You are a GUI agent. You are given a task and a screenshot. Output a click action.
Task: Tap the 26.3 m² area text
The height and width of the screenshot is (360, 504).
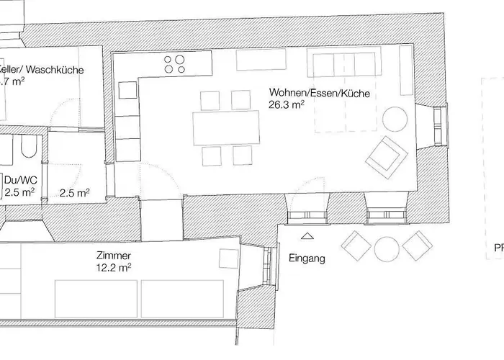click(x=286, y=104)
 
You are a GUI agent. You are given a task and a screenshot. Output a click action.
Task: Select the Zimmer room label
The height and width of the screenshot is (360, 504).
click(x=112, y=256)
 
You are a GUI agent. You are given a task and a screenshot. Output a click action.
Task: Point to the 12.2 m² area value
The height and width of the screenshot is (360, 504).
click(x=114, y=268)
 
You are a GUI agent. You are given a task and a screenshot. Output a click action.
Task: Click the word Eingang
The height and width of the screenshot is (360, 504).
click(x=307, y=258)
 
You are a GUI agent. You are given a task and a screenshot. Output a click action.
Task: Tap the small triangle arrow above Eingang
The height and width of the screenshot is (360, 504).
click(x=307, y=235)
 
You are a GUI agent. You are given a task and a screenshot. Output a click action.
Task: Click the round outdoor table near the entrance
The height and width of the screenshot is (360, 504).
click(x=387, y=248)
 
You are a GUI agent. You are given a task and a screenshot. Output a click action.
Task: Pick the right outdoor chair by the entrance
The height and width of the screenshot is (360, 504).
click(x=417, y=246)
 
